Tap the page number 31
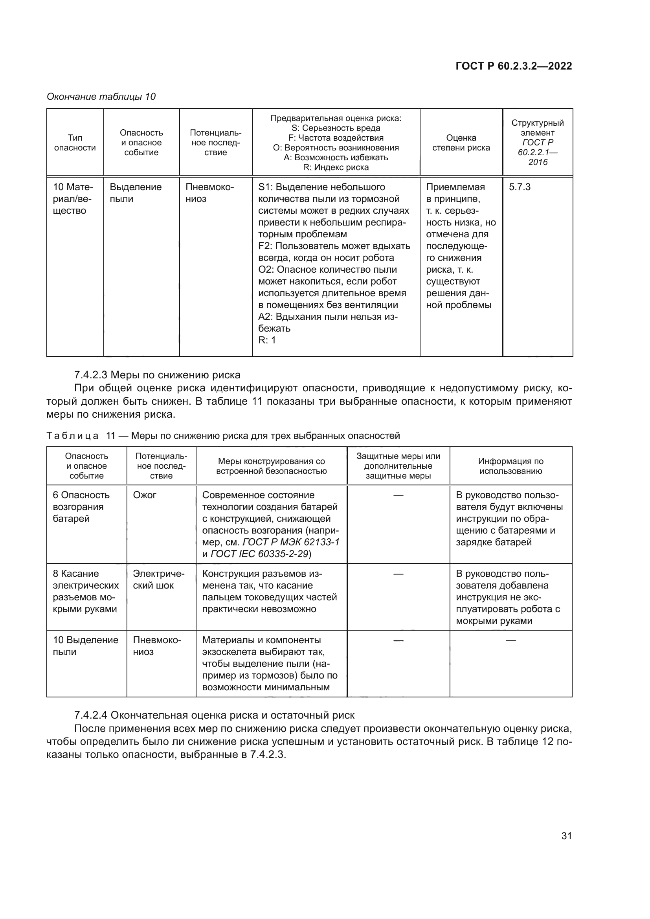[566, 835]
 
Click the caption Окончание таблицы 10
[101, 97]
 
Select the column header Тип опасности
[75, 143]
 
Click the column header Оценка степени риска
[461, 143]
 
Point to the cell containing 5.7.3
[520, 187]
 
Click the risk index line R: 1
[267, 340]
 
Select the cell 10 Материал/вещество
[73, 198]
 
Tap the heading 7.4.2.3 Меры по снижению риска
[157, 375]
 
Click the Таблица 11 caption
[223, 435]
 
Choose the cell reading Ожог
[145, 495]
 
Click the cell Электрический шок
[158, 579]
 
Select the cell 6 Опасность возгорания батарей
[81, 507]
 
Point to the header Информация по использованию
[510, 466]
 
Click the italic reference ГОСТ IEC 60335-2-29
[260, 554]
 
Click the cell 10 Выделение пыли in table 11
[85, 646]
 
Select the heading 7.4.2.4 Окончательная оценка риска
[214, 715]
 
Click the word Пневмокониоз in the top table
[209, 193]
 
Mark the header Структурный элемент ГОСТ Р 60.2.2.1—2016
[537, 143]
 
